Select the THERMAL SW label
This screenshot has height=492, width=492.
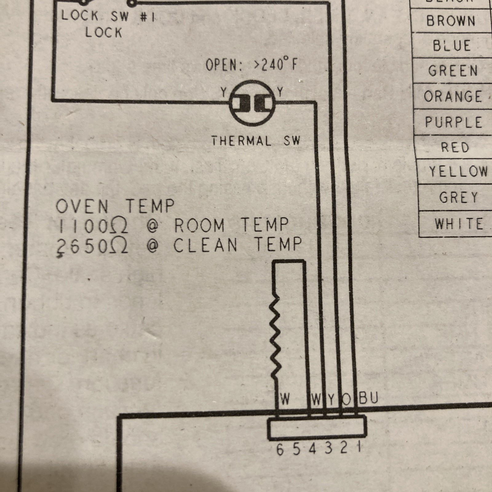(x=255, y=141)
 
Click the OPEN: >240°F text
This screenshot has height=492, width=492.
(x=252, y=65)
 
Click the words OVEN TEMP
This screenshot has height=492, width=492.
(x=115, y=206)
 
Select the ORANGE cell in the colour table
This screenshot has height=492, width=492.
(x=453, y=97)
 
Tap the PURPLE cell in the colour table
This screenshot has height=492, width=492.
(x=454, y=122)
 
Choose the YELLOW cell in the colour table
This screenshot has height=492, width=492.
(x=458, y=171)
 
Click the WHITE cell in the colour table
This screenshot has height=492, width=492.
(x=459, y=224)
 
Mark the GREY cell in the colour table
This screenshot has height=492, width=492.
(x=458, y=197)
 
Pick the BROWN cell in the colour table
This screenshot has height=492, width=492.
(x=451, y=21)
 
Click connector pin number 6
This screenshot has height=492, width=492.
(x=280, y=450)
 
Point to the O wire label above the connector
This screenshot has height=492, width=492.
(x=347, y=399)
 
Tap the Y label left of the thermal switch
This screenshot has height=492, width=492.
(x=224, y=92)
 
